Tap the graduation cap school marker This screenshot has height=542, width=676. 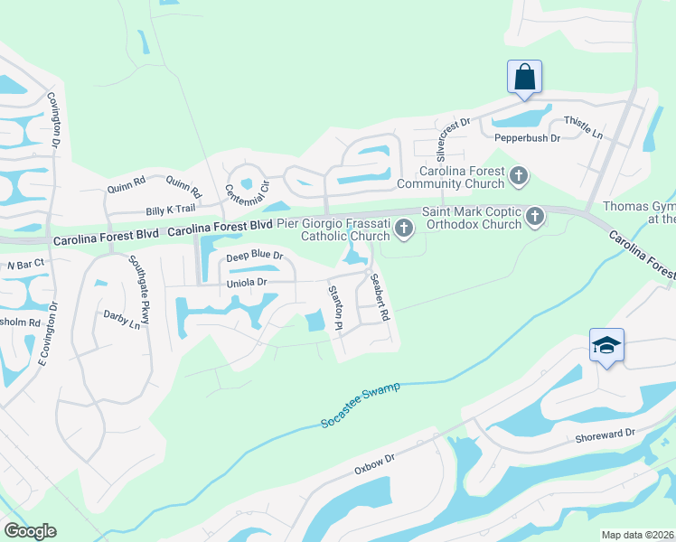click(606, 346)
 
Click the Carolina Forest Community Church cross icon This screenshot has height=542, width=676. click(519, 176)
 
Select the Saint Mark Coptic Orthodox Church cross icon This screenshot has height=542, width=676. click(535, 216)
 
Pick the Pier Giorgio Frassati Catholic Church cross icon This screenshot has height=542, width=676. click(404, 231)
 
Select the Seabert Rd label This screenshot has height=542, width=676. click(380, 299)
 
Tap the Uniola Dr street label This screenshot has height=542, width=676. click(247, 283)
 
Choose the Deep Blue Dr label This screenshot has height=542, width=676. click(255, 257)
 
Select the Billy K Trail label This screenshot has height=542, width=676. click(171, 210)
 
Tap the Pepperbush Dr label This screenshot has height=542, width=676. click(528, 138)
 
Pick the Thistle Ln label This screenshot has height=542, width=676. click(582, 126)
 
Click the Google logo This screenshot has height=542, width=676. click(31, 531)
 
